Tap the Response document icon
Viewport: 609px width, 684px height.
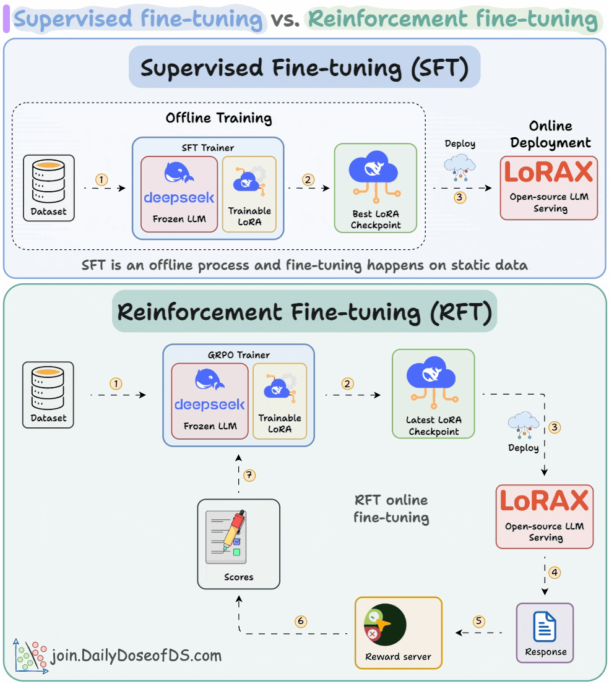pyautogui.click(x=545, y=626)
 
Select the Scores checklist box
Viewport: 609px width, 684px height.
pyautogui.click(x=238, y=544)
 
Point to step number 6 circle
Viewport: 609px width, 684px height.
pyautogui.click(x=301, y=621)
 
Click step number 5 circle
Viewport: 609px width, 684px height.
pyautogui.click(x=478, y=621)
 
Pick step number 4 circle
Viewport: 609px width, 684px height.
pyautogui.click(x=555, y=572)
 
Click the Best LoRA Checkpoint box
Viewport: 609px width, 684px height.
pyautogui.click(x=376, y=188)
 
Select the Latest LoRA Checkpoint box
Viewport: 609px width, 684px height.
pyautogui.click(x=433, y=394)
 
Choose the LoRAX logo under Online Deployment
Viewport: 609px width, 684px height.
pyautogui.click(x=548, y=173)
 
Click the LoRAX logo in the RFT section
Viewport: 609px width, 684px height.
pyautogui.click(x=544, y=501)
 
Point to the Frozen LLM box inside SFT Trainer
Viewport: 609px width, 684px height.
pyautogui.click(x=179, y=194)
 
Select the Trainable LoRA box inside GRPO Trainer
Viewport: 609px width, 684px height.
pyautogui.click(x=280, y=401)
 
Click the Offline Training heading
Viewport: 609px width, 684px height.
pyautogui.click(x=218, y=118)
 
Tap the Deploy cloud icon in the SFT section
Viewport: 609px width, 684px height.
pyautogui.click(x=459, y=167)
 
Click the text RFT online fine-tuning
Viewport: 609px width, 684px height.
pyautogui.click(x=391, y=508)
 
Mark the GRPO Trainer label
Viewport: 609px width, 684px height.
pyautogui.click(x=238, y=355)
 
